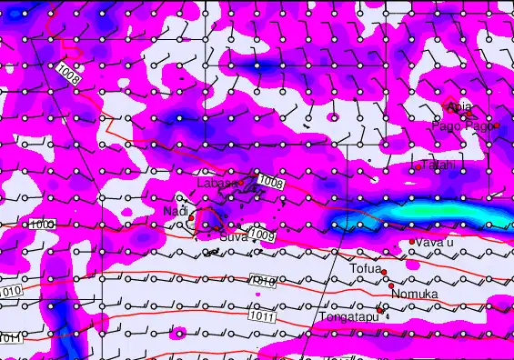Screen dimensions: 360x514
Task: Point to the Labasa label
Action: coord(217,183)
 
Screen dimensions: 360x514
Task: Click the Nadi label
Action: coord(175,212)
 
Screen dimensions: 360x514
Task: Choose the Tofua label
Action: coord(365,269)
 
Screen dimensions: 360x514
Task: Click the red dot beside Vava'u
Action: coord(412,242)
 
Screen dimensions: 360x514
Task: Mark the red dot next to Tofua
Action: coord(384,272)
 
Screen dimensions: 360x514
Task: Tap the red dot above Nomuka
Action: coord(391,285)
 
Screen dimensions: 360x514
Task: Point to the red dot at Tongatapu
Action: coord(379,308)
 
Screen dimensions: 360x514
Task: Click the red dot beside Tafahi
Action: coord(418,166)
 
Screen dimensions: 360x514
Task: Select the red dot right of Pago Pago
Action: coord(496,125)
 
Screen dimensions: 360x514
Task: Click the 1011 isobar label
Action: coord(260,317)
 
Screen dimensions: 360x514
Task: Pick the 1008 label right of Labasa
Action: coord(269,183)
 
